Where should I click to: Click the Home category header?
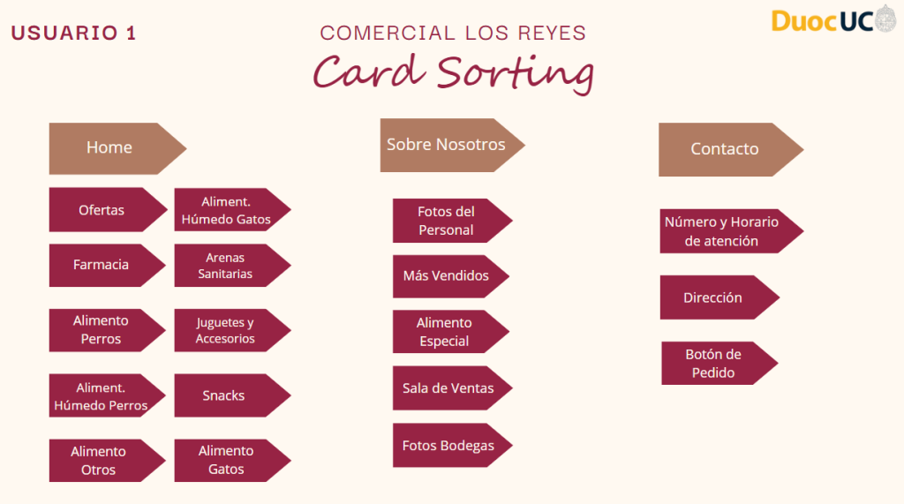click(x=109, y=147)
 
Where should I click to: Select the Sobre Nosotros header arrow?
click(x=447, y=145)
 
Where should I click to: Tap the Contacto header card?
click(x=725, y=149)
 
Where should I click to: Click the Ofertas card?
click(x=102, y=210)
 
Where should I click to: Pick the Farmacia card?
click(x=102, y=265)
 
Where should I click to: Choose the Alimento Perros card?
click(x=102, y=330)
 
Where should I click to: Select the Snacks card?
click(x=224, y=395)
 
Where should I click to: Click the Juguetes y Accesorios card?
click(x=226, y=330)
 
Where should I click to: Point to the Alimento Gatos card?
click(x=227, y=460)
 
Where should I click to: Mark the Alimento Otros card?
click(x=99, y=460)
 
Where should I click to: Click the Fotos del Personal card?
click(x=446, y=221)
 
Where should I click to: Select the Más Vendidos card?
click(x=446, y=276)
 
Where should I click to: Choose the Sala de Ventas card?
click(x=448, y=388)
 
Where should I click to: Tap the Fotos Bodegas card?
click(x=448, y=446)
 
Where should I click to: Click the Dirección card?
click(x=713, y=297)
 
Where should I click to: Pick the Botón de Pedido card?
click(x=713, y=363)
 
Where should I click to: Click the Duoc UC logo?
click(x=832, y=20)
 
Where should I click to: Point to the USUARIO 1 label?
click(x=74, y=34)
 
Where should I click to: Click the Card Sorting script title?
click(x=453, y=73)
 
